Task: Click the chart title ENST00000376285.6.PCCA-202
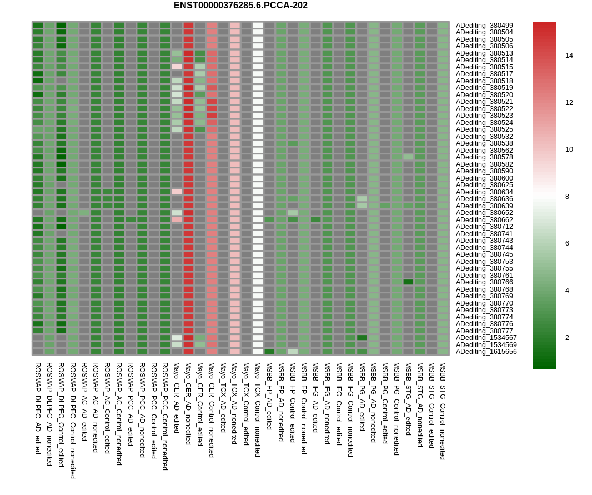coord(240,6)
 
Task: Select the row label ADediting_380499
coord(484,26)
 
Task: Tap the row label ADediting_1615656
coord(486,352)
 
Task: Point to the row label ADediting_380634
coord(484,192)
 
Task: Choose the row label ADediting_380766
coord(484,282)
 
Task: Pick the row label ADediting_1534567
coord(486,338)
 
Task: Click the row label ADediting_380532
coord(484,137)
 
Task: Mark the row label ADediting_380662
coord(484,220)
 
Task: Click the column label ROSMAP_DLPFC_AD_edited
coord(38,408)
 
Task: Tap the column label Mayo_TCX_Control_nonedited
coord(258,409)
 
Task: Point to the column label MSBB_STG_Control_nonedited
coord(443,411)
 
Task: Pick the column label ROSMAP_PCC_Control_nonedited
coord(165,416)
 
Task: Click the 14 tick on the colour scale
coord(569,56)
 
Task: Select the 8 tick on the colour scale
coord(569,197)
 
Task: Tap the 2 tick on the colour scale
coord(569,338)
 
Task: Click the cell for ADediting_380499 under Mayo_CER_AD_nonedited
coord(188,26)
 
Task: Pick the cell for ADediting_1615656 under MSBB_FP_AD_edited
coord(269,352)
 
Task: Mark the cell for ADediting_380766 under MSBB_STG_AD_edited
coord(408,282)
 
